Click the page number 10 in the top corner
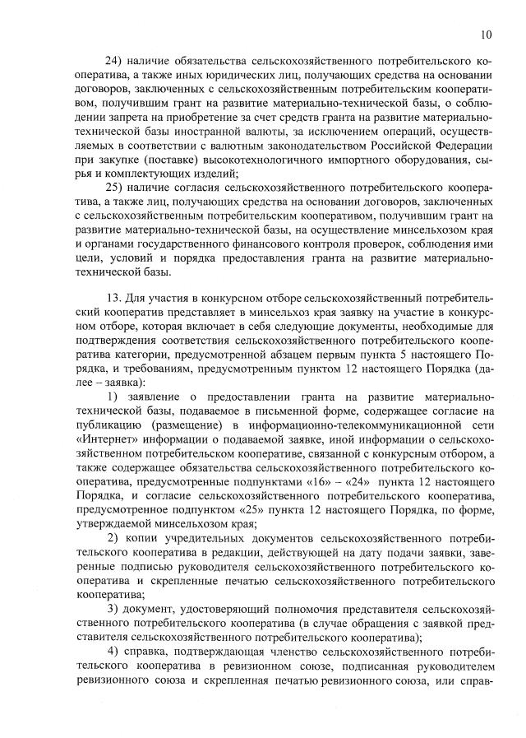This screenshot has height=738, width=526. (x=486, y=35)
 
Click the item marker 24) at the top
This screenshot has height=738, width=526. (x=118, y=62)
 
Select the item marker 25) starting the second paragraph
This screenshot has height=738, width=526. (x=118, y=188)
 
